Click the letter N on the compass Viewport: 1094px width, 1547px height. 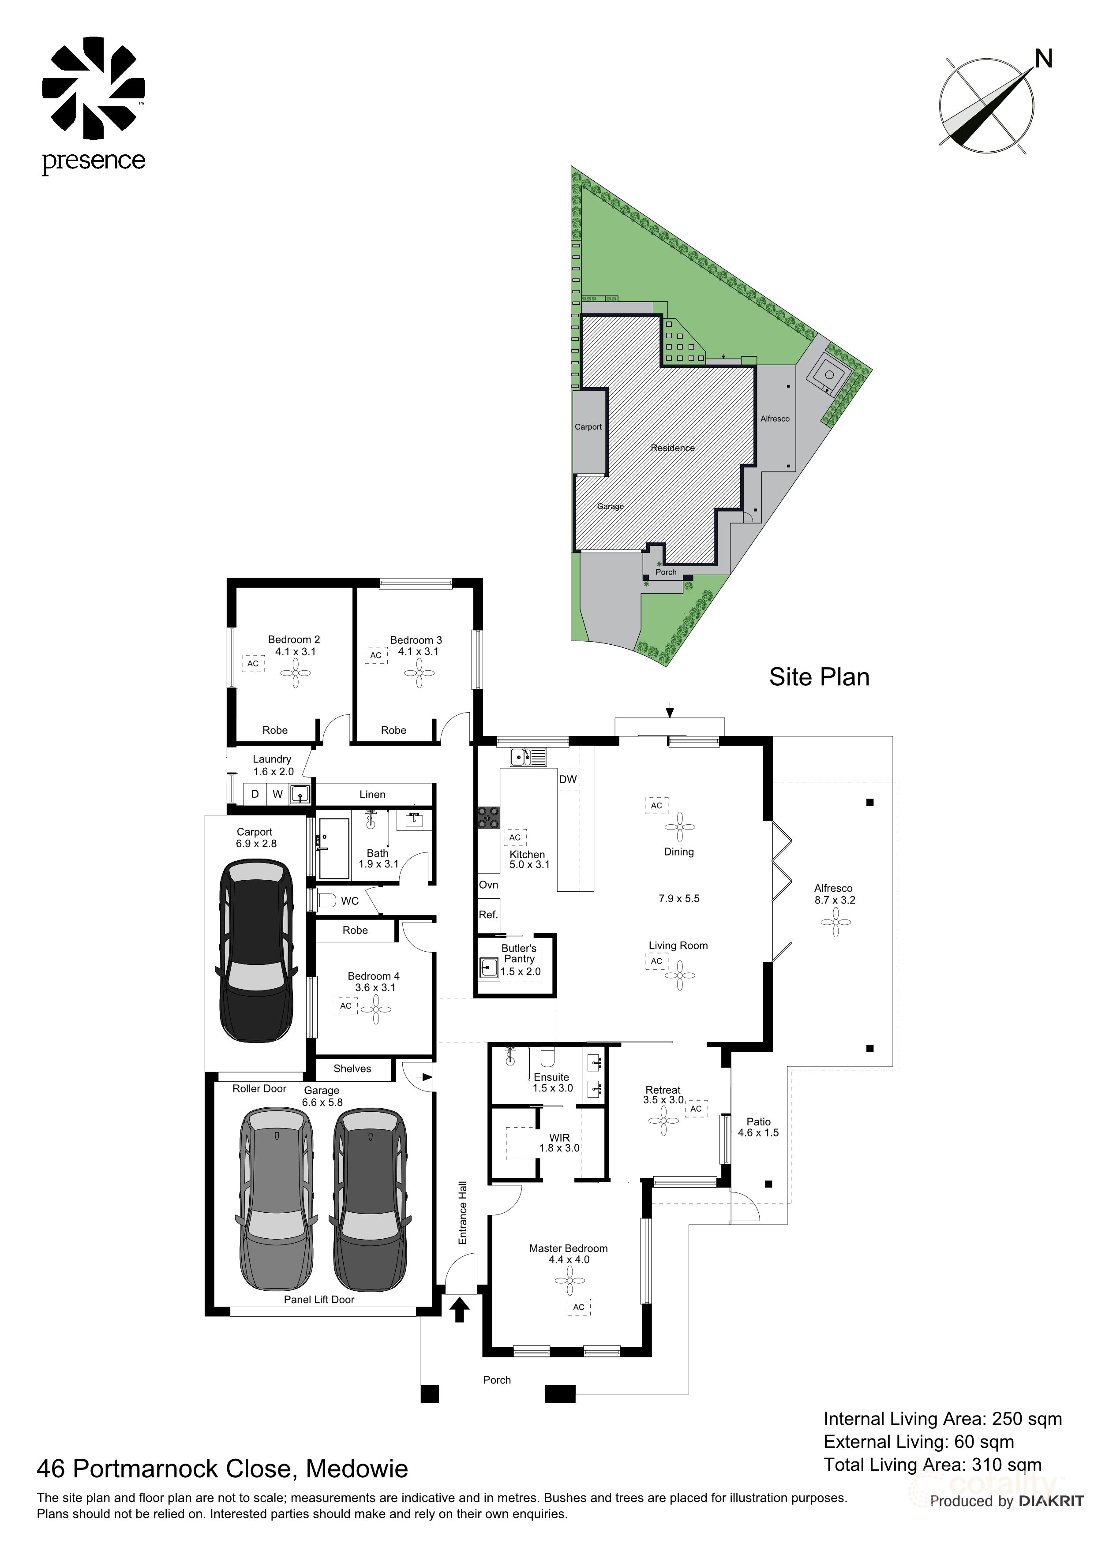pos(1043,59)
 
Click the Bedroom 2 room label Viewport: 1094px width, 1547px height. pos(294,639)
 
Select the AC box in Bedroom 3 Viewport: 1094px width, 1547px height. pos(376,655)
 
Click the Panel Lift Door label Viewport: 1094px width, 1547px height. pos(319,1299)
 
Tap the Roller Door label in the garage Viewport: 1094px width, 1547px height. pos(259,1088)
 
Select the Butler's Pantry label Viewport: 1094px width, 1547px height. pos(519,953)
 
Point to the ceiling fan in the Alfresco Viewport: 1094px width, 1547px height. pos(836,922)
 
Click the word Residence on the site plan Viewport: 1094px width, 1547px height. pos(672,448)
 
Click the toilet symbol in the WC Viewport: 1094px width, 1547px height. pos(326,900)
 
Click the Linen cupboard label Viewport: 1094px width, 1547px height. pos(372,794)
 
